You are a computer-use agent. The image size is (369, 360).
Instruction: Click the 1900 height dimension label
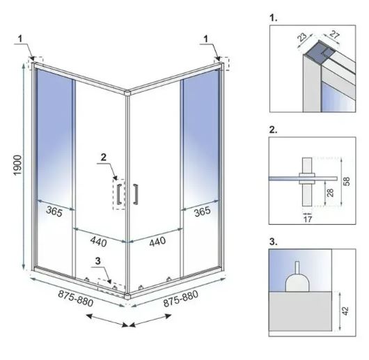(x=18, y=165)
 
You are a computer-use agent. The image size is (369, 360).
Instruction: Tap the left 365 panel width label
(x=54, y=211)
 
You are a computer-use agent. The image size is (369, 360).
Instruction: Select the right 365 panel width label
(x=202, y=211)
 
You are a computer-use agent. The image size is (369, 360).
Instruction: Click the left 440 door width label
(x=99, y=242)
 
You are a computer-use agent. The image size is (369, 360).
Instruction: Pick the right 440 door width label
(x=157, y=242)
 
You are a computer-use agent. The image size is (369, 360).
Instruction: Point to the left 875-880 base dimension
(x=76, y=298)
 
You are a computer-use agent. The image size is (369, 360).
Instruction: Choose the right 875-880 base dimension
(x=181, y=299)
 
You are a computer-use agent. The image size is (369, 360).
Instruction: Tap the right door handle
(x=136, y=194)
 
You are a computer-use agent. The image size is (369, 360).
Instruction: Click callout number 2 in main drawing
(x=104, y=157)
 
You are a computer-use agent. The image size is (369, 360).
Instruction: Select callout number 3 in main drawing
(x=98, y=260)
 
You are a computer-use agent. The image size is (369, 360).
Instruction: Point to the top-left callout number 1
(x=20, y=38)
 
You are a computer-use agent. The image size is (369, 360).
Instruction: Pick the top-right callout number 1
(x=206, y=38)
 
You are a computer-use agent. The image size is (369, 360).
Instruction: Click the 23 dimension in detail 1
(x=301, y=37)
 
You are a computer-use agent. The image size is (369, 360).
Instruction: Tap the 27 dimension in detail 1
(x=334, y=35)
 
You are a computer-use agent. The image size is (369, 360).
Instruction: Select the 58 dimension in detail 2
(x=347, y=181)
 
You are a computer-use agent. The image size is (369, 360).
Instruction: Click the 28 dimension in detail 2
(x=330, y=192)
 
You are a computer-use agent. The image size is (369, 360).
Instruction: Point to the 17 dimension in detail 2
(x=308, y=219)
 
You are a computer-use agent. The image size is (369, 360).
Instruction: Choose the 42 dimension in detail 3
(x=345, y=311)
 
